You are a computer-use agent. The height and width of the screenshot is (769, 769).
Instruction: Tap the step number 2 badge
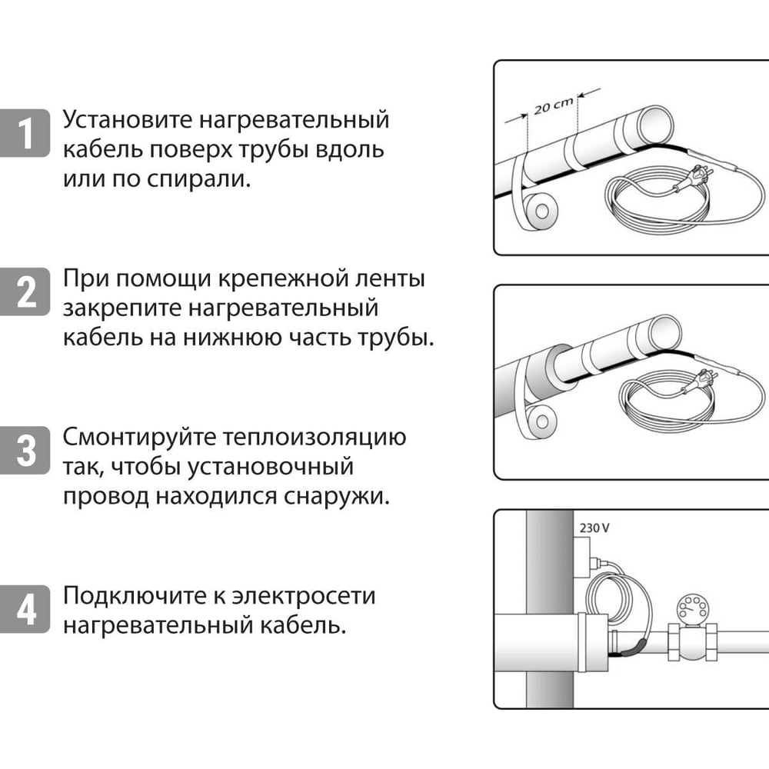coord(27,293)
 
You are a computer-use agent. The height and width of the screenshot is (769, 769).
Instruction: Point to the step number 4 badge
coord(27,610)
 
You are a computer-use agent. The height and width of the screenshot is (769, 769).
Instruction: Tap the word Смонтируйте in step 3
coord(138,438)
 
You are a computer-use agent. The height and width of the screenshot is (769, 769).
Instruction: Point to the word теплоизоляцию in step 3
coord(314,438)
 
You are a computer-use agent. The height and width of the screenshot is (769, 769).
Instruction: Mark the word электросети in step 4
coord(314,596)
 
